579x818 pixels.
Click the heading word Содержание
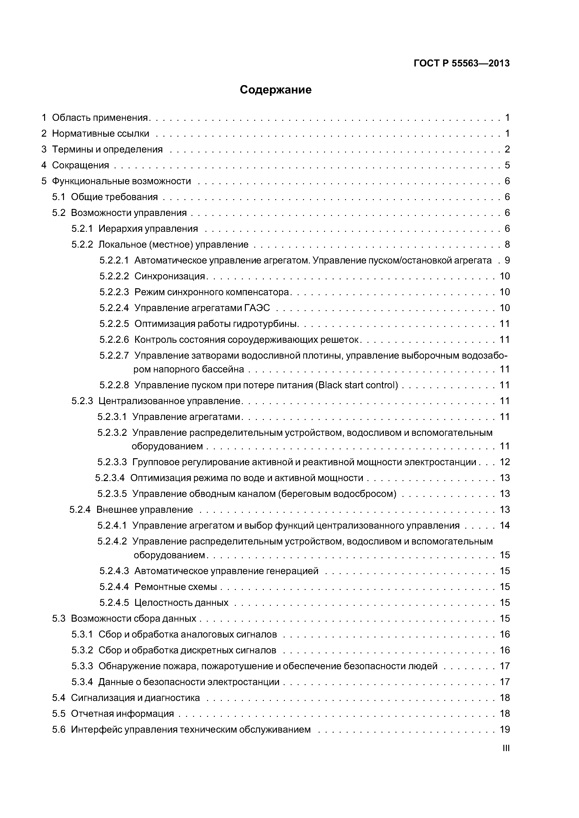pos(275,90)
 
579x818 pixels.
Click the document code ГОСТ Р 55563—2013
pos(461,63)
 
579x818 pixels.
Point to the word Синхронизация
pos(169,276)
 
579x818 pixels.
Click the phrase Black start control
pos(357,385)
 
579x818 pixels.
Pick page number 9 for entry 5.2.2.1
pos(507,260)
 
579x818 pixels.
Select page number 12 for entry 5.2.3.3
pos(505,462)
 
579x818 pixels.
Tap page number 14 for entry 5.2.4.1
pos(505,526)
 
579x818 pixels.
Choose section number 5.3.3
pos(82,666)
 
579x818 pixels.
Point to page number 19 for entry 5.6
pos(505,729)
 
